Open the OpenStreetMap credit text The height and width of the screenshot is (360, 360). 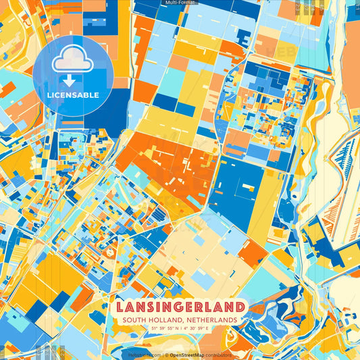pos(188,353)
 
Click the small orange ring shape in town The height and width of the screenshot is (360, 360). pos(110,252)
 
